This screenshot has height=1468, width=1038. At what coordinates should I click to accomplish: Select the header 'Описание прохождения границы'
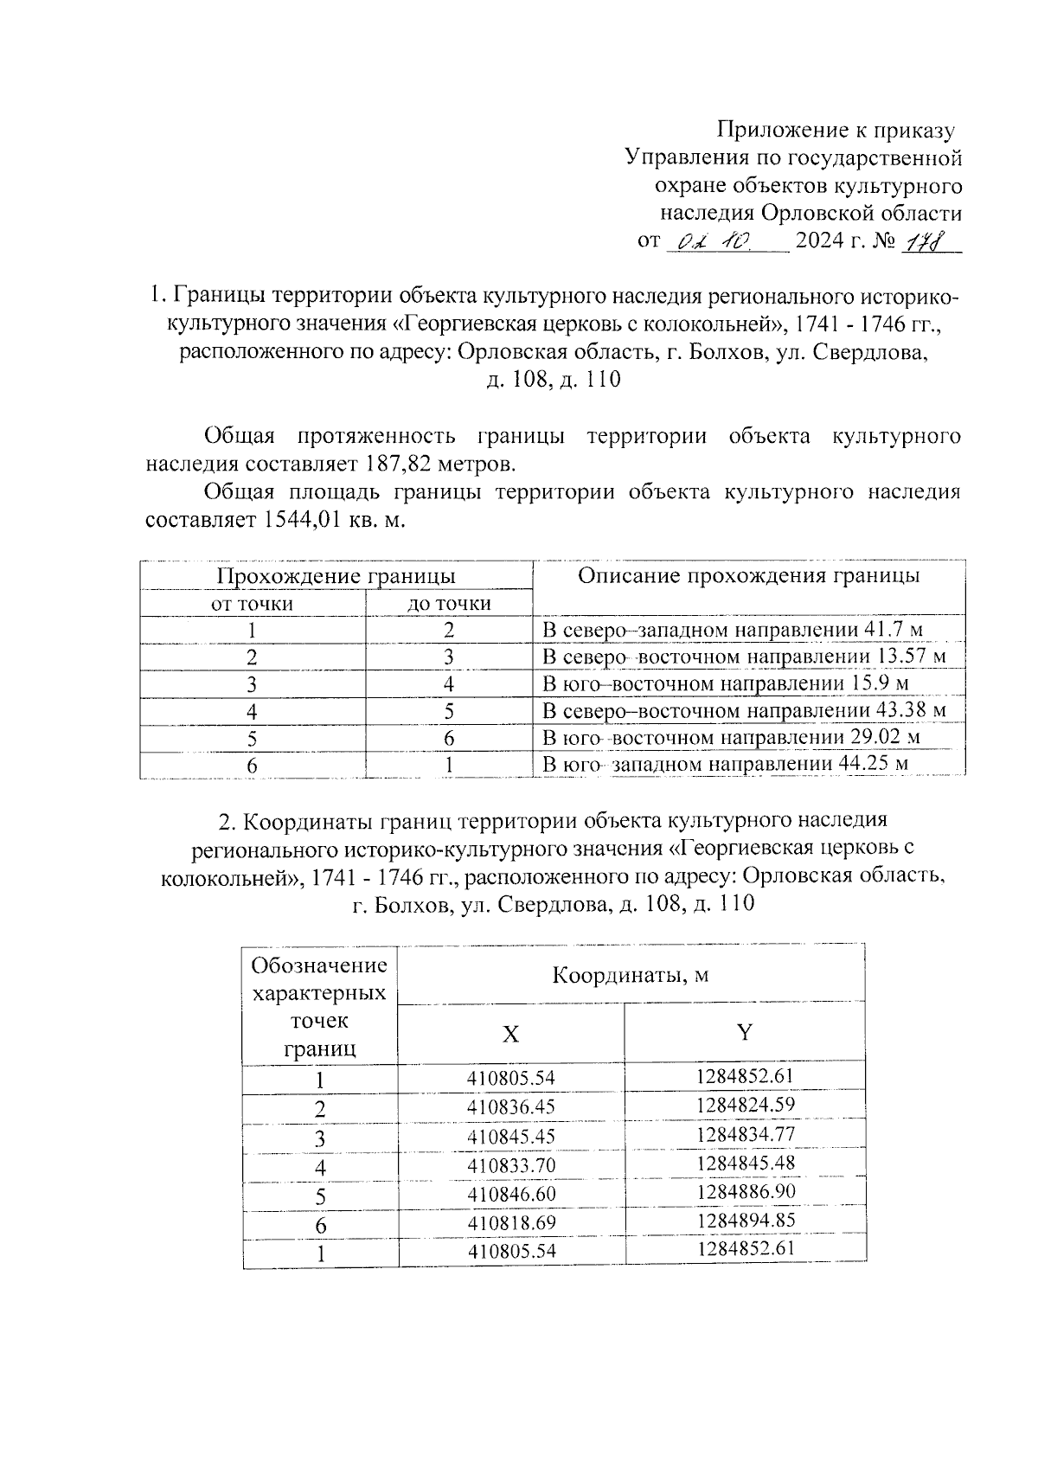click(748, 576)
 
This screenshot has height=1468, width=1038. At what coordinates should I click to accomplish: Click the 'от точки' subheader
click(253, 604)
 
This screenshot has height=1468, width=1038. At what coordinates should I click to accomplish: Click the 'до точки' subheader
click(449, 604)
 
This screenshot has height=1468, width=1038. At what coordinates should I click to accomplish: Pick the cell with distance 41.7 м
click(740, 630)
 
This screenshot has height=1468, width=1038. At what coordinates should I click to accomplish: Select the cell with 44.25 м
click(725, 765)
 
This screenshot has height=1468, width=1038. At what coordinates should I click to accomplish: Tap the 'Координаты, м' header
click(631, 975)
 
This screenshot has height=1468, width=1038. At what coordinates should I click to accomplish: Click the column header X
click(511, 1034)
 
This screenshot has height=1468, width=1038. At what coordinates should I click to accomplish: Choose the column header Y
click(744, 1032)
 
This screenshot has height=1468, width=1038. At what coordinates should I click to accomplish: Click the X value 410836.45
click(510, 1107)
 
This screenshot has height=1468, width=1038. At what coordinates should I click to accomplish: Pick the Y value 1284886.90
click(744, 1191)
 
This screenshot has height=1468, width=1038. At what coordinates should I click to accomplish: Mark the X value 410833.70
click(510, 1165)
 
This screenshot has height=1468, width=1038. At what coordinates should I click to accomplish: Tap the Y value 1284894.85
click(744, 1220)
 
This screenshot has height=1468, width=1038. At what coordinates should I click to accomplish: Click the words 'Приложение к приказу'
click(836, 131)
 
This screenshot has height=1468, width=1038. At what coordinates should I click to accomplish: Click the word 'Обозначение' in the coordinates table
click(319, 965)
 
